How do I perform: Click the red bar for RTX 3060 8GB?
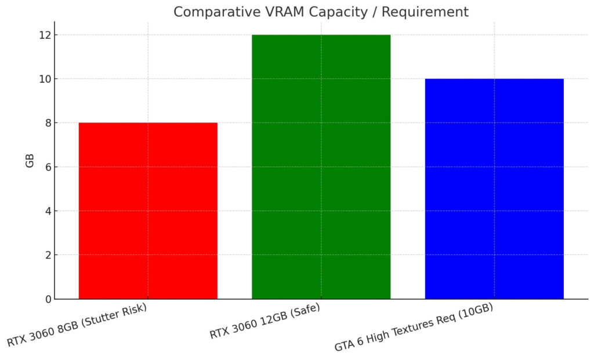click(x=148, y=211)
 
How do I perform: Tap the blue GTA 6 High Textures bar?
click(x=494, y=189)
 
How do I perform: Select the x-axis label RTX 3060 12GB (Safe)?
click(x=265, y=322)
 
